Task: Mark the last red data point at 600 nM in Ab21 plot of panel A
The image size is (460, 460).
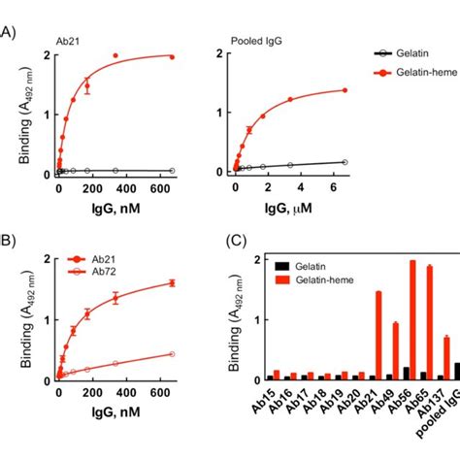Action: coord(173,57)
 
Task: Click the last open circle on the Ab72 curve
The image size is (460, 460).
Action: coord(173,354)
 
